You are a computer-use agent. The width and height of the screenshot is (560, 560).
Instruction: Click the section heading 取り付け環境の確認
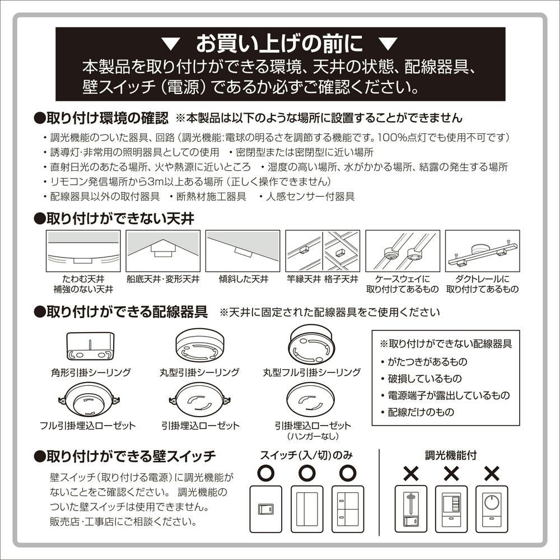(x=106, y=118)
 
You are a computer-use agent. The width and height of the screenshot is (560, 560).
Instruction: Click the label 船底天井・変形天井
(x=162, y=278)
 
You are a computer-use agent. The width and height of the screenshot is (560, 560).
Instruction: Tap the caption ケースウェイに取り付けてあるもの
(x=402, y=284)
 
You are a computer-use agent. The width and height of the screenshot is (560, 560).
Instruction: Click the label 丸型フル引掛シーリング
(x=312, y=372)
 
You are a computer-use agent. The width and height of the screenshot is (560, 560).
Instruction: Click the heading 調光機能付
(x=451, y=455)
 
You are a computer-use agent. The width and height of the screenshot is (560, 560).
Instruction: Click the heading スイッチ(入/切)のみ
(x=307, y=455)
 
